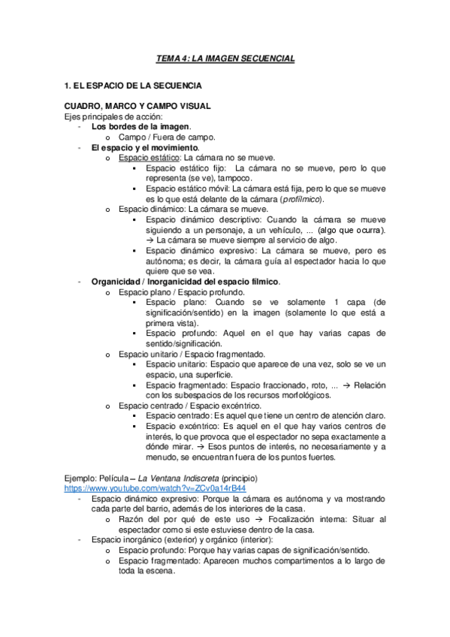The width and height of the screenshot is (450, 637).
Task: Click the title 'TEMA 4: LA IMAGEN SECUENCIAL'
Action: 225,58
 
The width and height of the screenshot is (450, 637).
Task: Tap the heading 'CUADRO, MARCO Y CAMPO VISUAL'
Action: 137,107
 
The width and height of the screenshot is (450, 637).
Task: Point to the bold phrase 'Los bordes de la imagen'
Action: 140,126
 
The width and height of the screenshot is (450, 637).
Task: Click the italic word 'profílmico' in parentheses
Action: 301,199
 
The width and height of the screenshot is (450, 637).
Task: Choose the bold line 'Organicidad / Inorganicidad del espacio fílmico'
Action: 185,282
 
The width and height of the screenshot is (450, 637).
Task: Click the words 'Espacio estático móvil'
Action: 186,189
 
